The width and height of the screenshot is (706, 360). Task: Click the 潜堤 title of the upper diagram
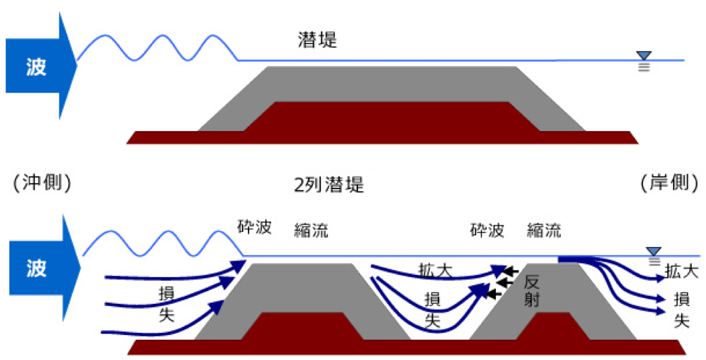pyautogui.click(x=317, y=40)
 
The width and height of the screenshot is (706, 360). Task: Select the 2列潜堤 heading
pyautogui.click(x=330, y=184)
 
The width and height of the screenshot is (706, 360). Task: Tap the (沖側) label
pyautogui.click(x=42, y=182)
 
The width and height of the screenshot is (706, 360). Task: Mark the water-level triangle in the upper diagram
pyautogui.click(x=645, y=56)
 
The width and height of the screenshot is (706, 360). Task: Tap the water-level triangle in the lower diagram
pyautogui.click(x=653, y=252)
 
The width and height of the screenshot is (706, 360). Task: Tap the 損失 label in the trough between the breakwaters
pyautogui.click(x=433, y=309)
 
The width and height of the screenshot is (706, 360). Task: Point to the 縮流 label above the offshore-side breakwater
pyautogui.click(x=311, y=230)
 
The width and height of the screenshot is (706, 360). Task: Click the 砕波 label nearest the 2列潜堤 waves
pyautogui.click(x=255, y=227)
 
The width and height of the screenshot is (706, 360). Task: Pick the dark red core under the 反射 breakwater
pyautogui.click(x=552, y=329)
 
